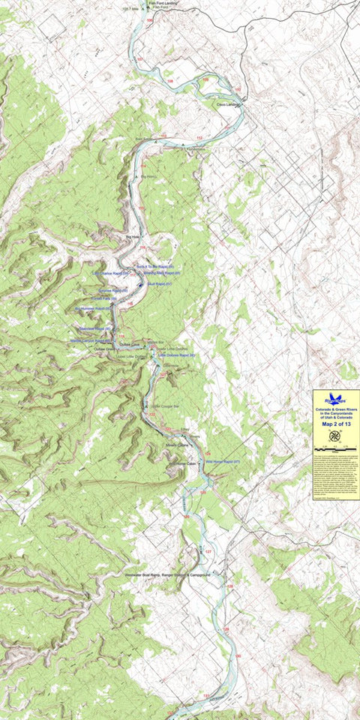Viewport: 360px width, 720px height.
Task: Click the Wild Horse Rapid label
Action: (x=221, y=462)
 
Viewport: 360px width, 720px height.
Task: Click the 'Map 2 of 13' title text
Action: (x=336, y=424)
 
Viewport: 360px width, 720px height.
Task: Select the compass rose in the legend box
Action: (x=336, y=436)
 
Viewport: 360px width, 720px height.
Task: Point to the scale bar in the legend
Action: (x=336, y=449)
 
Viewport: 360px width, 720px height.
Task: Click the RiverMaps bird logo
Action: (x=336, y=400)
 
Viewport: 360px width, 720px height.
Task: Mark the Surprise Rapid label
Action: (x=109, y=290)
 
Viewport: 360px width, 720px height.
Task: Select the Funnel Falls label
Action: (x=104, y=298)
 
